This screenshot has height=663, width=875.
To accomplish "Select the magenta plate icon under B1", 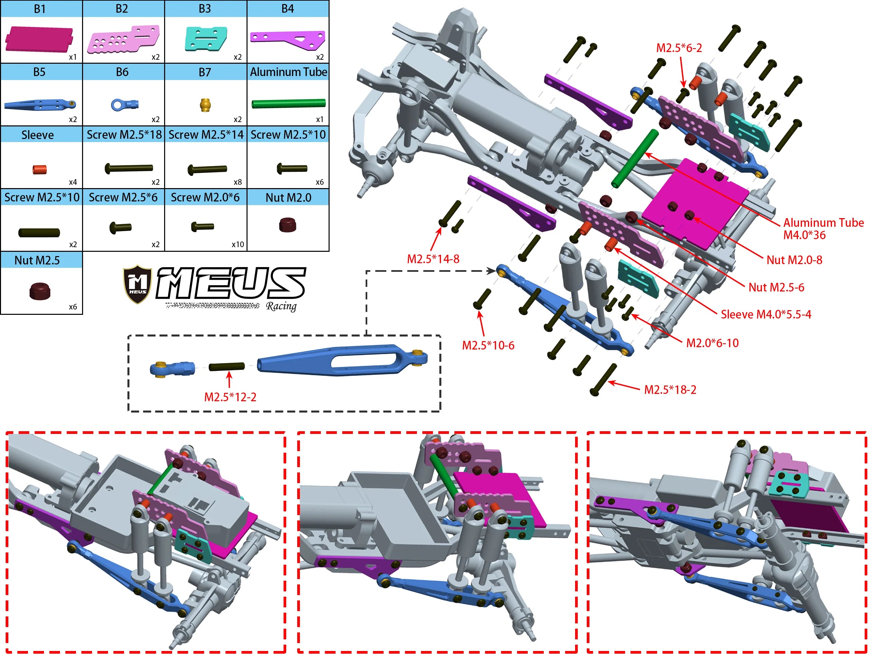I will (x=39, y=39).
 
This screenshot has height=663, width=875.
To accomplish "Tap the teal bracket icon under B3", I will (x=206, y=39).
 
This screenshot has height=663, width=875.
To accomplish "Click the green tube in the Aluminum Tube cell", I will (x=288, y=104).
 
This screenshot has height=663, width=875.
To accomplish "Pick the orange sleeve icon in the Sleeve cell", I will (x=40, y=170).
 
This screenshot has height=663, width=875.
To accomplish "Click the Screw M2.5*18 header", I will (x=124, y=135).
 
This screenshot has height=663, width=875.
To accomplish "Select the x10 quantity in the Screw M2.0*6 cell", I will (x=238, y=244).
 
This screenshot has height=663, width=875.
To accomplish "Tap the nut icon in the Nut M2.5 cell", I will (x=40, y=291).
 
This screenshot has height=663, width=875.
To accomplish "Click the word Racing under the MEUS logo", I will (x=281, y=306).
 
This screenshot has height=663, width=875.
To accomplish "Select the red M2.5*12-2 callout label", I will (x=230, y=397).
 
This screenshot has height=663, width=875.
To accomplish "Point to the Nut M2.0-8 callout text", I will (x=794, y=260).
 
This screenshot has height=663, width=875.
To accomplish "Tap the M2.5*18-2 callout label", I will (x=670, y=390).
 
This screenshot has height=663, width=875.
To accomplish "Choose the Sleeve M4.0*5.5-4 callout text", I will (x=766, y=314).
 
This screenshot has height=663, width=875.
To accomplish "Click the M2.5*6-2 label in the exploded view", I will (x=679, y=48).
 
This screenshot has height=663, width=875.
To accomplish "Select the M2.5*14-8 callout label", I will (x=433, y=259).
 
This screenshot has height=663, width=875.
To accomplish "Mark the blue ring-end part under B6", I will (x=124, y=104).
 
